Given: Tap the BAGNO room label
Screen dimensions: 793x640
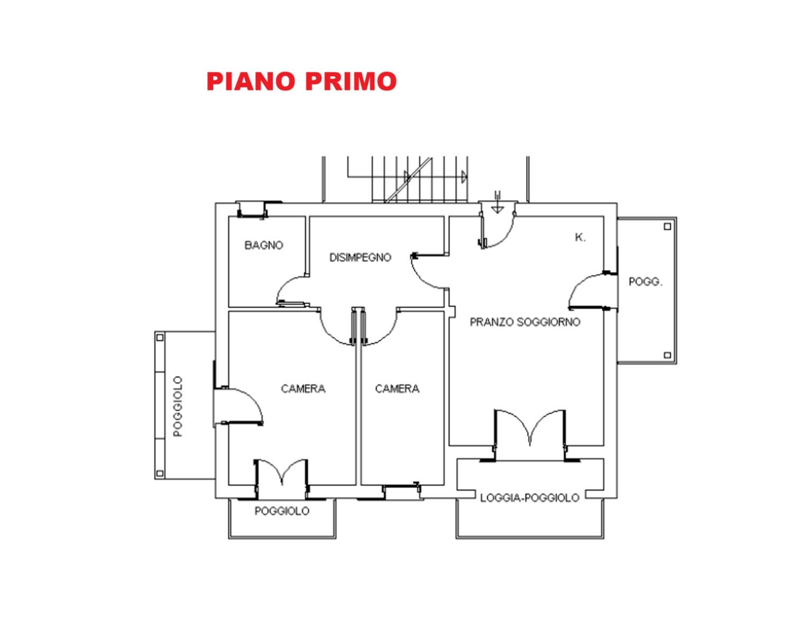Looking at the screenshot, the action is (x=264, y=245).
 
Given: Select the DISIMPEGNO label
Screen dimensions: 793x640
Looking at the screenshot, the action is (x=360, y=257).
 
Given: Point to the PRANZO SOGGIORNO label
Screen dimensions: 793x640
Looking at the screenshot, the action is (x=525, y=322).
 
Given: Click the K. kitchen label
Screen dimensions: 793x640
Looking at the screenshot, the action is (x=580, y=237).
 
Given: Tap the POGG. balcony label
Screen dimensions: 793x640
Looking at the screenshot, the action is (x=646, y=282).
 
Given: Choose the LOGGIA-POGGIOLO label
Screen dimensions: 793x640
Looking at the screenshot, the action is (x=529, y=498).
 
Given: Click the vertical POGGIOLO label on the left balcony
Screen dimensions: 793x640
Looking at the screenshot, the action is (x=178, y=406).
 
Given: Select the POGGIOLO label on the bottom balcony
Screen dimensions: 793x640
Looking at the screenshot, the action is (x=282, y=511).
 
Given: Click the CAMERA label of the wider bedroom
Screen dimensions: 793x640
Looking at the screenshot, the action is (x=303, y=389).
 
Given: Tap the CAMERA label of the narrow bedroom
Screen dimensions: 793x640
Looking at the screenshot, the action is (x=397, y=389).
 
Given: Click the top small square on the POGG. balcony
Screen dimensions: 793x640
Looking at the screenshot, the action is (x=667, y=226).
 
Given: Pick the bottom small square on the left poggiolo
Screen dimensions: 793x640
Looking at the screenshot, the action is (x=160, y=474).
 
